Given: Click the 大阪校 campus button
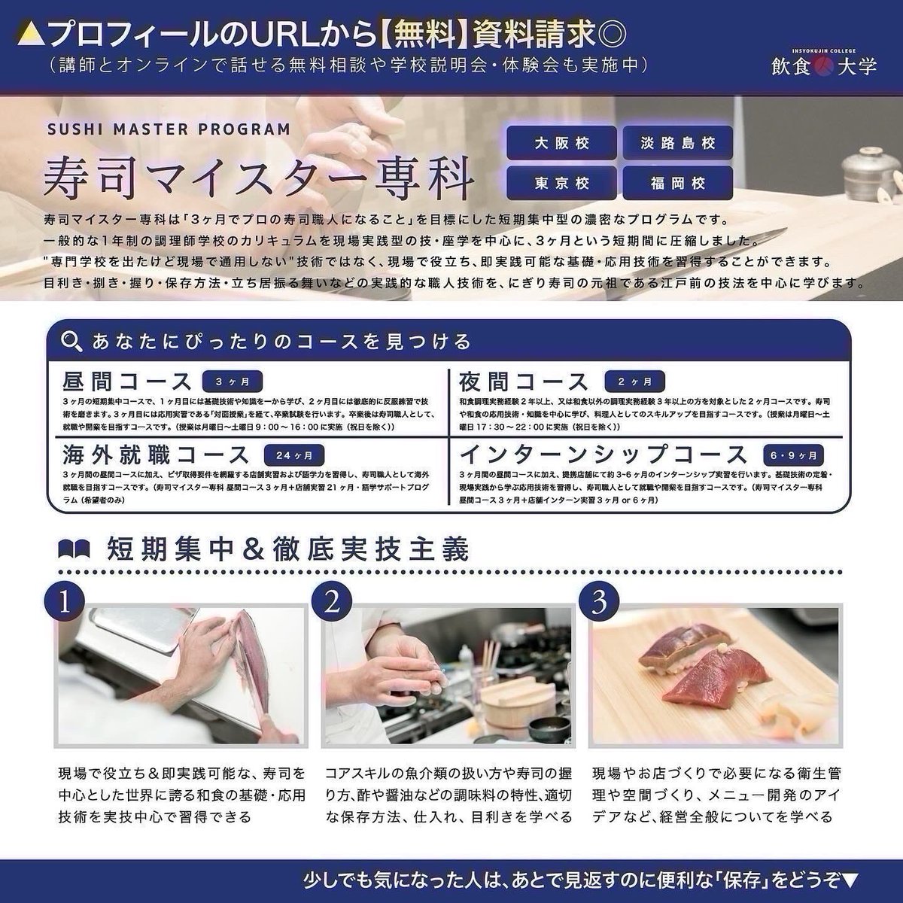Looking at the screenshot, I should [x=561, y=143].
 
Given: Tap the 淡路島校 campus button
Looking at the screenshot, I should [x=677, y=143].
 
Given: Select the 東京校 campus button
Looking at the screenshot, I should [x=561, y=182].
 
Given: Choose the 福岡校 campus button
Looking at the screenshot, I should [x=677, y=182].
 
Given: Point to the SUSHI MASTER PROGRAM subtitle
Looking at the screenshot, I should [x=169, y=129].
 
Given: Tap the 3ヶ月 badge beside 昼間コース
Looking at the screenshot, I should [x=231, y=381].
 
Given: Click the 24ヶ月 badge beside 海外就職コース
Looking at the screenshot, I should [x=294, y=455].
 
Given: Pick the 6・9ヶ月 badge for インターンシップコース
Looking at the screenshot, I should [x=797, y=455].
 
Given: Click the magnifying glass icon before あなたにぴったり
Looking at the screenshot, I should [x=71, y=342].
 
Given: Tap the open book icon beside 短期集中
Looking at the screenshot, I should [x=74, y=549].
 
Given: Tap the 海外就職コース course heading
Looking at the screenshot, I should [x=157, y=455].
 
